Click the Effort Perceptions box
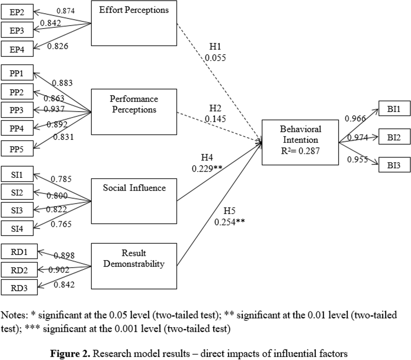[134, 23]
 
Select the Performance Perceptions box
[134, 112]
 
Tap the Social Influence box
[134, 201]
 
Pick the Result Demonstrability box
[134, 266]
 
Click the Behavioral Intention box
[300, 142]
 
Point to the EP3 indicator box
[17, 31]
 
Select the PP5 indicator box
[17, 149]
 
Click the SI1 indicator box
[17, 174]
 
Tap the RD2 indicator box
[19, 270]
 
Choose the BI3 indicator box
[394, 165]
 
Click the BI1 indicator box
[394, 109]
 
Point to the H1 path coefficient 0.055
[215, 58]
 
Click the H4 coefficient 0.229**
[207, 169]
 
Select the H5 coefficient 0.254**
[229, 222]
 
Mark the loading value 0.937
[54, 109]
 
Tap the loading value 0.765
[61, 224]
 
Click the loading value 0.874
[65, 11]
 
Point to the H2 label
[215, 108]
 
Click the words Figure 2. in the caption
[70, 354]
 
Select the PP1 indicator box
[17, 73]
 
